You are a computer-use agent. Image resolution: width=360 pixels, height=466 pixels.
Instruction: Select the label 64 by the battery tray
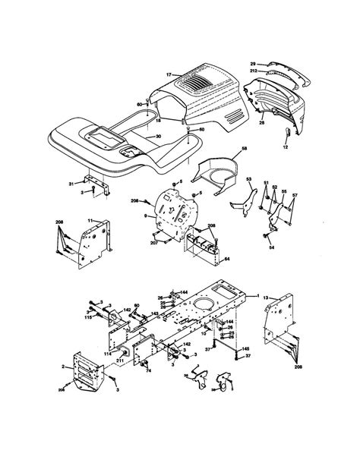227,260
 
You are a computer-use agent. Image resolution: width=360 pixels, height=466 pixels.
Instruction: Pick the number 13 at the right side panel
266,301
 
